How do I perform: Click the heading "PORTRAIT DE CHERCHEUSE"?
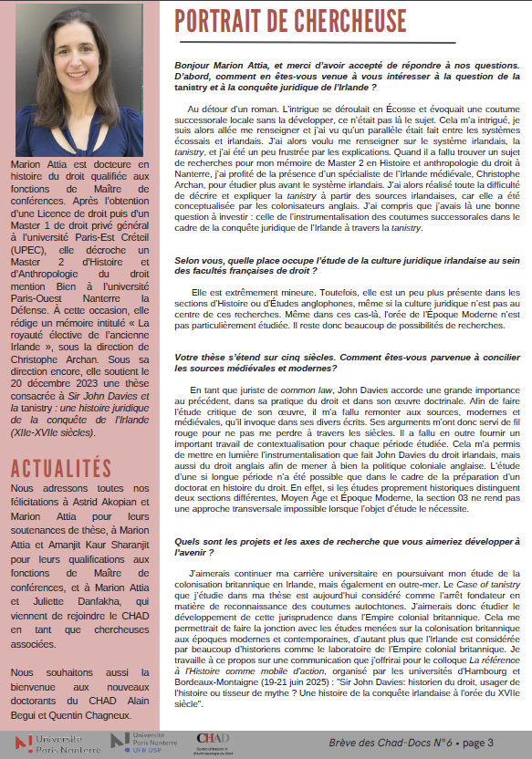(x=290, y=19)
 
